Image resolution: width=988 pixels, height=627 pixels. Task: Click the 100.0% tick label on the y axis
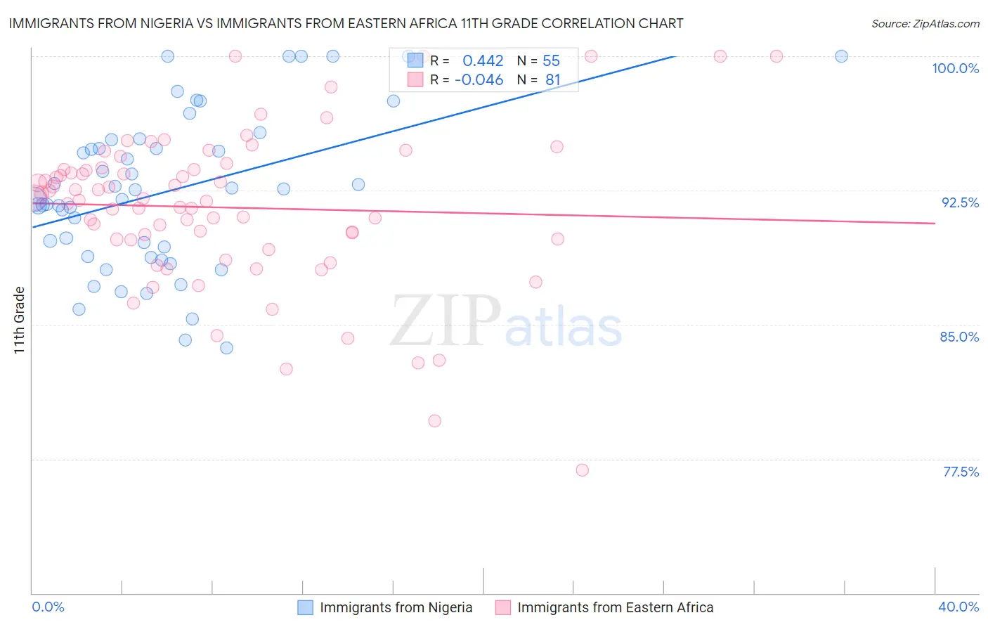[x=955, y=68]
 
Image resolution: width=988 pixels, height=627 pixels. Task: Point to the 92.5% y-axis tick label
[x=960, y=202]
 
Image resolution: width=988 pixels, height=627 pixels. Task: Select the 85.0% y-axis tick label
[x=959, y=337]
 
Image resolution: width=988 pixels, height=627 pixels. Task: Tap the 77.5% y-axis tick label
[x=961, y=472]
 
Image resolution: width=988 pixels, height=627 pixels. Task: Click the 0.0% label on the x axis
[x=48, y=607]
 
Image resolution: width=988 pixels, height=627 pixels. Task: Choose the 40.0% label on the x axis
[x=958, y=607]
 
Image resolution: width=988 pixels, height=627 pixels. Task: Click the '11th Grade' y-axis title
[x=20, y=320]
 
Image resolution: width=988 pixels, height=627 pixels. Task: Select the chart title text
[x=346, y=23]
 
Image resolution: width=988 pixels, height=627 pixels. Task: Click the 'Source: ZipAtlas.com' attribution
[x=925, y=24]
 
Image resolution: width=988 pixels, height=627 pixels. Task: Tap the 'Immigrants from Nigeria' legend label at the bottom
[x=396, y=608]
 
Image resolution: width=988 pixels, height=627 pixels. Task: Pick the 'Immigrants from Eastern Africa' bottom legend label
[x=615, y=608]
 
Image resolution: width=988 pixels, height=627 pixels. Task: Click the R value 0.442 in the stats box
[x=483, y=61]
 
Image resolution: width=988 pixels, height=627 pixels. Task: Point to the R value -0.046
[x=479, y=80]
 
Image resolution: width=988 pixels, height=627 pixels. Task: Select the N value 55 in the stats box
[x=551, y=61]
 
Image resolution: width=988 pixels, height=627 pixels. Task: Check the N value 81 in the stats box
[x=552, y=80]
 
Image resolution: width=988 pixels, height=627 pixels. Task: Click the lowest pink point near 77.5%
[x=582, y=470]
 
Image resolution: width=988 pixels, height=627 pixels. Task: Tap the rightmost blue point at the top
[x=841, y=56]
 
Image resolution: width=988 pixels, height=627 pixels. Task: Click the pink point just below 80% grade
[x=434, y=421]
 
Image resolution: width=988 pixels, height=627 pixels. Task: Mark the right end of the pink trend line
[x=935, y=224]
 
